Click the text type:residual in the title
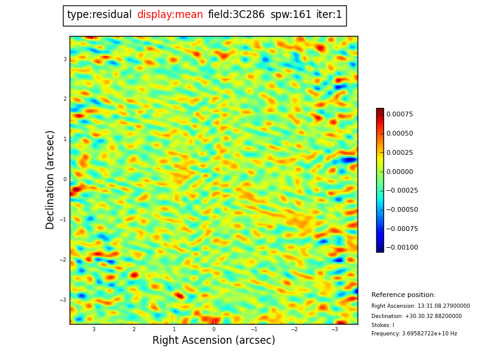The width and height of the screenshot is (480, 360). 99,15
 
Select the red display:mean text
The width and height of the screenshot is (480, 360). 170,15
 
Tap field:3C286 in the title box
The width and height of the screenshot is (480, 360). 236,15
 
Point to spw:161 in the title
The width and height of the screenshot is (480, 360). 291,15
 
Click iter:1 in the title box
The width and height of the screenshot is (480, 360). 329,15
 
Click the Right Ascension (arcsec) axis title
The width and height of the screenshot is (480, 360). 214,341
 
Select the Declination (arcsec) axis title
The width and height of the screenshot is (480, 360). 50,179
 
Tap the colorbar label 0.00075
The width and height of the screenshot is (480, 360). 400,114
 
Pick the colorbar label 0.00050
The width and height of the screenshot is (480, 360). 400,133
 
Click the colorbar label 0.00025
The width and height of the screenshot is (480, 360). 400,152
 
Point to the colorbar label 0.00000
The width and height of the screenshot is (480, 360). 400,172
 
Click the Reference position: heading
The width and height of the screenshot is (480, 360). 403,295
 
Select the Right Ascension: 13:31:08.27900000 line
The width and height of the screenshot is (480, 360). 421,306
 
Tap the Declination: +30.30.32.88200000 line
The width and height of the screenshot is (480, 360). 416,316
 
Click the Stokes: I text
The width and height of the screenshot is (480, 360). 383,325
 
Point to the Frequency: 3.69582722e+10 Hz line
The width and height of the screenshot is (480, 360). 414,334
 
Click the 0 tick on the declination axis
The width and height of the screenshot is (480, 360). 65,179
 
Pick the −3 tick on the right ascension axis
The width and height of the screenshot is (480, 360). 334,329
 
